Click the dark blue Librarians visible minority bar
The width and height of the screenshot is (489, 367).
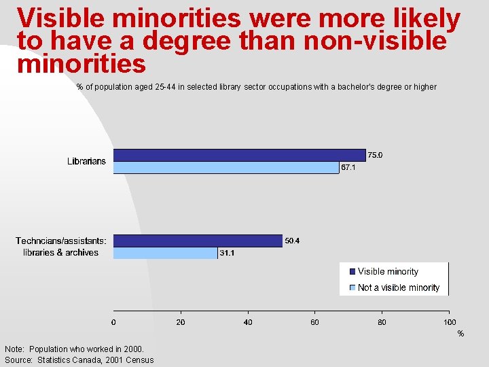[239, 155]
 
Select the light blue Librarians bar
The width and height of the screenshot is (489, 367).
[225, 167]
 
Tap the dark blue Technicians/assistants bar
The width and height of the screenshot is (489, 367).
[198, 241]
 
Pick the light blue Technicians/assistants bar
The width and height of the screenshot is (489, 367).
[165, 253]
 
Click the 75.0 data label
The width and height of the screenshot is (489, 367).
[375, 155]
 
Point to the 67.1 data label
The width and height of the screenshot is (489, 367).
[348, 167]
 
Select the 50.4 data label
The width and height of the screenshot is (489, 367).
[292, 241]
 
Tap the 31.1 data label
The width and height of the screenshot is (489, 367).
[227, 253]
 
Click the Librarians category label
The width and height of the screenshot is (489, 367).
[86, 161]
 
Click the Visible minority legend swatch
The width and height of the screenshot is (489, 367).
[352, 271]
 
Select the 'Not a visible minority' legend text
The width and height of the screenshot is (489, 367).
[399, 287]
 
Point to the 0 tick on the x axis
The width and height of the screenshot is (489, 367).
[113, 322]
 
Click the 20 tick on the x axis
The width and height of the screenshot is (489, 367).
[181, 322]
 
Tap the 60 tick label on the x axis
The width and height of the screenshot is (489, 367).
[315, 322]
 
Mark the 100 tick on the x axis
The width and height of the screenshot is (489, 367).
[450, 322]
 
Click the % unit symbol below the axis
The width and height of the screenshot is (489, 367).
[460, 334]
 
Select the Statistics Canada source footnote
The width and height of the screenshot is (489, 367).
[79, 360]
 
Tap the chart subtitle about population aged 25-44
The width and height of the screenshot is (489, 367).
[257, 87]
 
